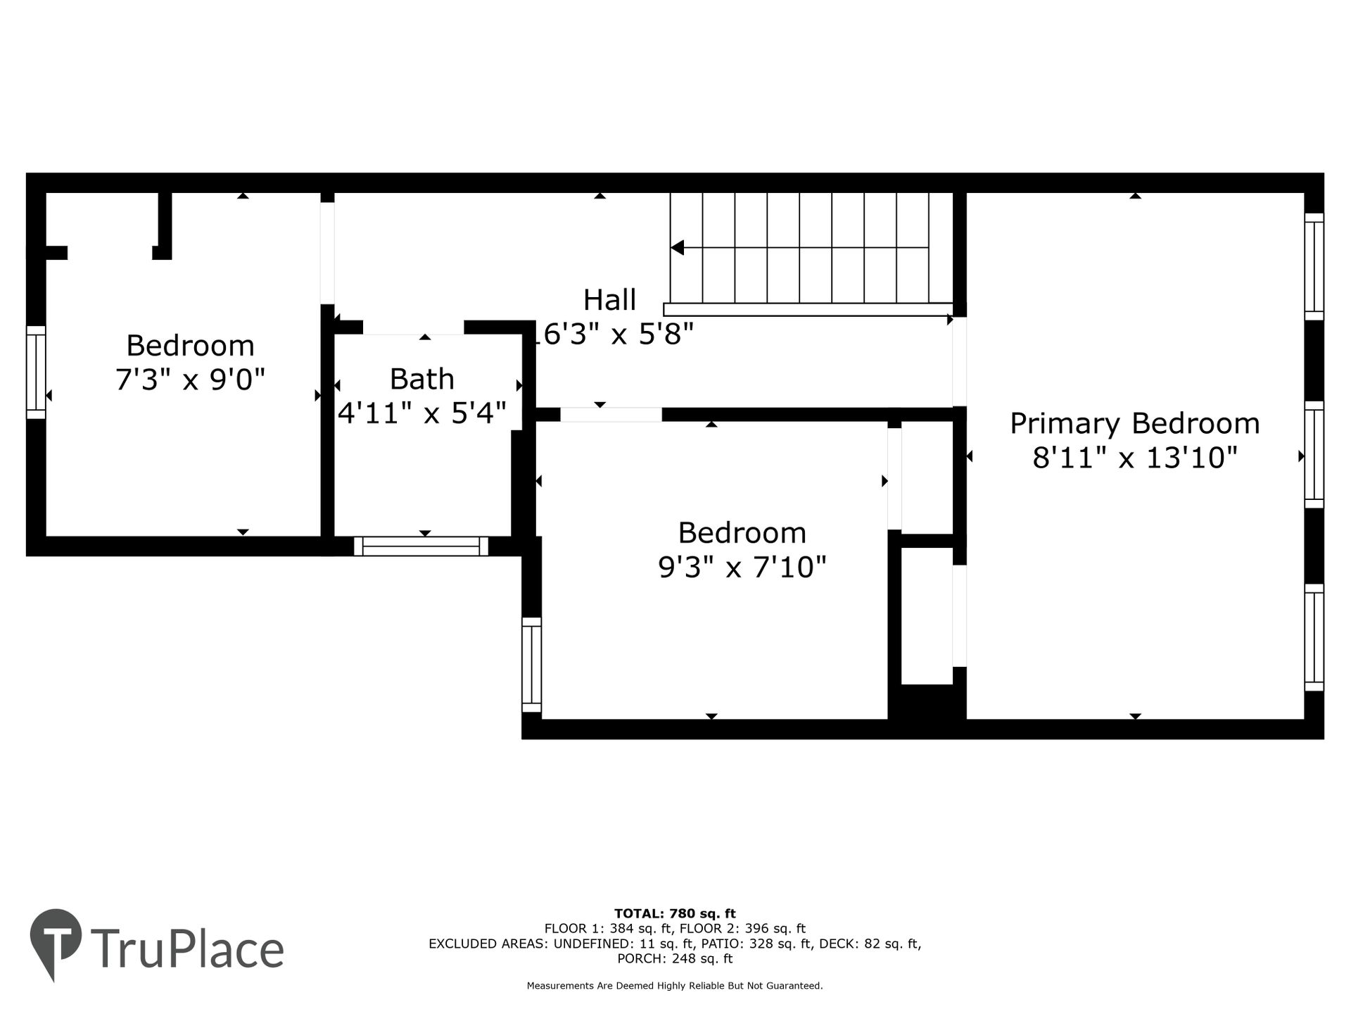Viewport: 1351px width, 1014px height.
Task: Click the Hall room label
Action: [609, 300]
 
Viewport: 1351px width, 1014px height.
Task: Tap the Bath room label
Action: [422, 379]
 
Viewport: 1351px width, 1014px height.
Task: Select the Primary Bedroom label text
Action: [1135, 424]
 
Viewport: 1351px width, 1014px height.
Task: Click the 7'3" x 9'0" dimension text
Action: [190, 380]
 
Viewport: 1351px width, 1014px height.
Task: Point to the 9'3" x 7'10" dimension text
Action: [742, 567]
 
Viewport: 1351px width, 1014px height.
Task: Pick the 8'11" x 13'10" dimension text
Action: [1135, 458]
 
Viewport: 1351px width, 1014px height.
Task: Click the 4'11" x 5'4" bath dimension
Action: [422, 413]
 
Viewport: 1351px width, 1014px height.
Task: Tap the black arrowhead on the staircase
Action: [677, 248]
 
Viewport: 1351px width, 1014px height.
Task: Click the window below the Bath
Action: [421, 546]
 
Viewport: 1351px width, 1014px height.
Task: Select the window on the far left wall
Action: [36, 372]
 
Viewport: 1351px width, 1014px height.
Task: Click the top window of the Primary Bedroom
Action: [1314, 266]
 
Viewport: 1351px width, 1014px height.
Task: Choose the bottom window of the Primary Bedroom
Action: [1314, 637]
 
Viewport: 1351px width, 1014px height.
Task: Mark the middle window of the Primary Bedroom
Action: [1314, 454]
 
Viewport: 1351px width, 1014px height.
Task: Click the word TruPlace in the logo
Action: [187, 949]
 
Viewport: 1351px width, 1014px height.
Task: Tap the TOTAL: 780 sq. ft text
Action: [675, 914]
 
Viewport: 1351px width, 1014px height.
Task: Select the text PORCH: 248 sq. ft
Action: [675, 958]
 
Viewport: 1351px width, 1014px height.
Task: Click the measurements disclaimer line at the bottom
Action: [675, 986]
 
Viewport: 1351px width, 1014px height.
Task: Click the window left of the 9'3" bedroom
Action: [532, 665]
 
